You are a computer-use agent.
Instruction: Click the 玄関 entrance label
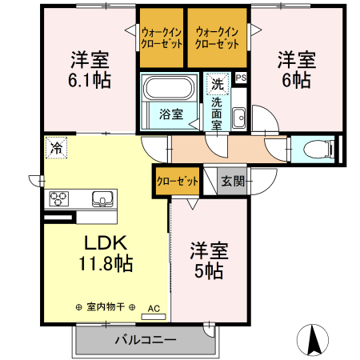[x=232, y=181]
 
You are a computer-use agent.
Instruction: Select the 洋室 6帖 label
[x=296, y=70]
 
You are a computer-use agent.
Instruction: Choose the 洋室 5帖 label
[x=209, y=260]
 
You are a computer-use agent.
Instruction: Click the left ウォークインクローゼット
[x=161, y=38]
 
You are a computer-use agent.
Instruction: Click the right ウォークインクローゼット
[x=218, y=38]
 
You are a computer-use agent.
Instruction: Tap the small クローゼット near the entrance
[x=176, y=182]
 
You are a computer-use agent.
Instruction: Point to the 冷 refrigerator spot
[x=56, y=147]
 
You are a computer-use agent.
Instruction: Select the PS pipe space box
[x=241, y=78]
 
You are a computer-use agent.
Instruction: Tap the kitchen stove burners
[x=61, y=199]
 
